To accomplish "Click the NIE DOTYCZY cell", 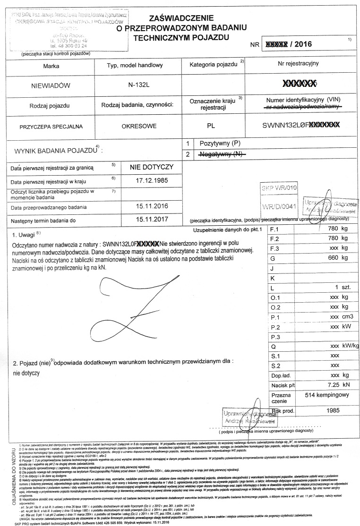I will coord(153,167).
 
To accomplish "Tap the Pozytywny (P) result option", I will coord(221,143).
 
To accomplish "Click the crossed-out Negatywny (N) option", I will coord(220,154).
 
